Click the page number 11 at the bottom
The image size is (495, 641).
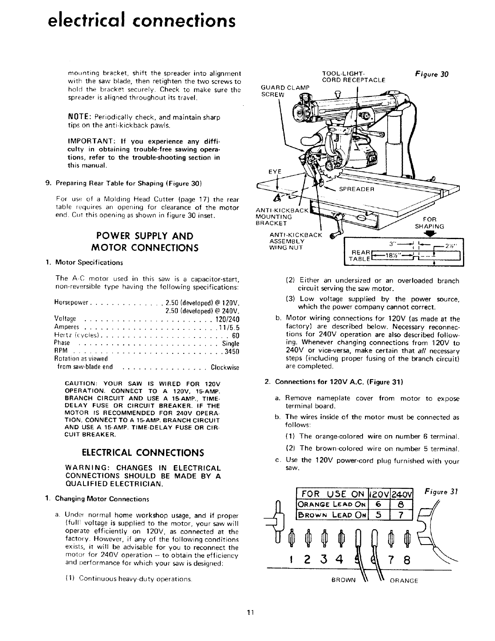click(x=250, y=612)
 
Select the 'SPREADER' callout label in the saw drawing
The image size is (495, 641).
click(x=356, y=189)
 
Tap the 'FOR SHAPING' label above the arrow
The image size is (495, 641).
click(x=430, y=223)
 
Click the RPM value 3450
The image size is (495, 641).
click(x=233, y=351)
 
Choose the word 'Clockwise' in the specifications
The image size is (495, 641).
click(x=225, y=368)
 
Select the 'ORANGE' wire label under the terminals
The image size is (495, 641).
click(x=403, y=580)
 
